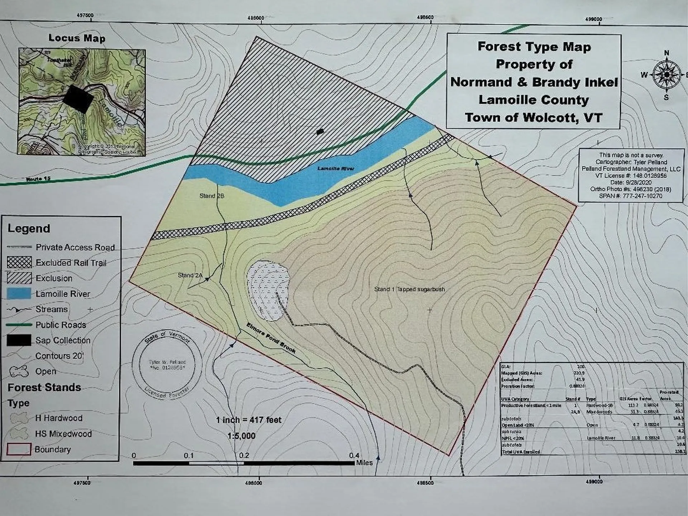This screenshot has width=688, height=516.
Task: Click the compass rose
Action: pos(666,75)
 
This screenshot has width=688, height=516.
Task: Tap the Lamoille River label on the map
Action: pos(336,168)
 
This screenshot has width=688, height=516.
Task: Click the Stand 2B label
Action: pos(212,196)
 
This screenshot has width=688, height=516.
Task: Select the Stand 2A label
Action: pos(190,275)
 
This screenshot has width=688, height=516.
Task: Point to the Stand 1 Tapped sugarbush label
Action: pos(409,289)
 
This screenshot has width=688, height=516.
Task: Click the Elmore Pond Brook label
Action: pos(271,338)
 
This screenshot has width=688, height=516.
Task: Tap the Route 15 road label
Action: pos(38,178)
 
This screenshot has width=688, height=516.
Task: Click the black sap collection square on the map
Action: pos(320,132)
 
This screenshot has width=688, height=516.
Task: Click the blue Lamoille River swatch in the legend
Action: pos(19,293)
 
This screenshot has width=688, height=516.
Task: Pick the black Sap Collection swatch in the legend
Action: pos(19,340)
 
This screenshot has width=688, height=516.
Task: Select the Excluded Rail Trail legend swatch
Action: pos(19,262)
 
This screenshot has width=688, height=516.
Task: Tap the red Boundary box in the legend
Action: pos(19,449)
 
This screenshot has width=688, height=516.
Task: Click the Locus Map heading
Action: pos(77,38)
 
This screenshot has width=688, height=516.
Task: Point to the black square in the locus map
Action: pos(78,99)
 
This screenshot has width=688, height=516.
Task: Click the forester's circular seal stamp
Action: pos(167,365)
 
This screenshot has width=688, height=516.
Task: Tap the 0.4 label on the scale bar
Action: pos(354,455)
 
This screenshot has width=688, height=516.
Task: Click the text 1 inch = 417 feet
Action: pos(248,420)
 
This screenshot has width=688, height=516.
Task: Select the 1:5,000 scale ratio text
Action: pos(241,436)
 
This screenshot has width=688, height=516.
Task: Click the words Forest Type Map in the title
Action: pos(534,47)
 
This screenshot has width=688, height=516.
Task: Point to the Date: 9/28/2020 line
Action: pos(631,182)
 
